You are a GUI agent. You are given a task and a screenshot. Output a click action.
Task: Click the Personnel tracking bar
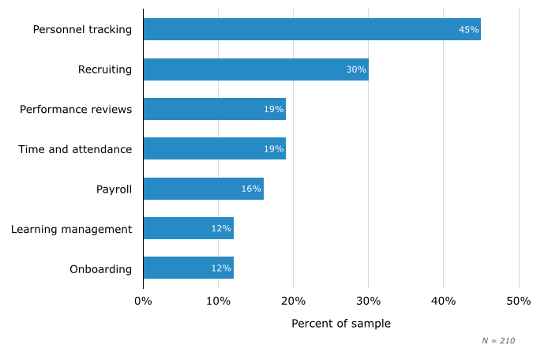312,30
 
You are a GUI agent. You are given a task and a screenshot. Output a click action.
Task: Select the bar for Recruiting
256,69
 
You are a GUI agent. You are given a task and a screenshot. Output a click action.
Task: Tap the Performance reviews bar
214,109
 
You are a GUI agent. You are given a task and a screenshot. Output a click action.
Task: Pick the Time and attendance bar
214,148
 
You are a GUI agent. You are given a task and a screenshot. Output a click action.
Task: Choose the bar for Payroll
203,189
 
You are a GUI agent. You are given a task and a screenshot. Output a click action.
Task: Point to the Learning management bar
188,228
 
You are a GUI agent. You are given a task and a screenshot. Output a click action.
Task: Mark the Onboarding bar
188,268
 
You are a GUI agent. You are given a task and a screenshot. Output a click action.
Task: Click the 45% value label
468,30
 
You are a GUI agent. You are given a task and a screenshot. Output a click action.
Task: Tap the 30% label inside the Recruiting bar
356,69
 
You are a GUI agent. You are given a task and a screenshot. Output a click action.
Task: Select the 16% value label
251,189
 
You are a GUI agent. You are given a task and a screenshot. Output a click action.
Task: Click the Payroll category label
114,189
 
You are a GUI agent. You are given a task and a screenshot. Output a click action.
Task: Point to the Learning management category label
71,229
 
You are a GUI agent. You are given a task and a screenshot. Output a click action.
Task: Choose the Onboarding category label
100,268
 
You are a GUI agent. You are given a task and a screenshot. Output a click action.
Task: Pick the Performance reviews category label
76,109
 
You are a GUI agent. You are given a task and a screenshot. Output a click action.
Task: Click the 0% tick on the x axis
143,301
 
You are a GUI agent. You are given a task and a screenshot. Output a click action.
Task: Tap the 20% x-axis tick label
293,301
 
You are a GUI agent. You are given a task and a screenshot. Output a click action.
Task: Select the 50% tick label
518,301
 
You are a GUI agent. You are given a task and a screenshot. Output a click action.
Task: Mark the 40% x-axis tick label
443,301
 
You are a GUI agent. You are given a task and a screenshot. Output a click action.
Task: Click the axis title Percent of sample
340,324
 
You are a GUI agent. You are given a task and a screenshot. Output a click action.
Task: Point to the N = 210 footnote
497,341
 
